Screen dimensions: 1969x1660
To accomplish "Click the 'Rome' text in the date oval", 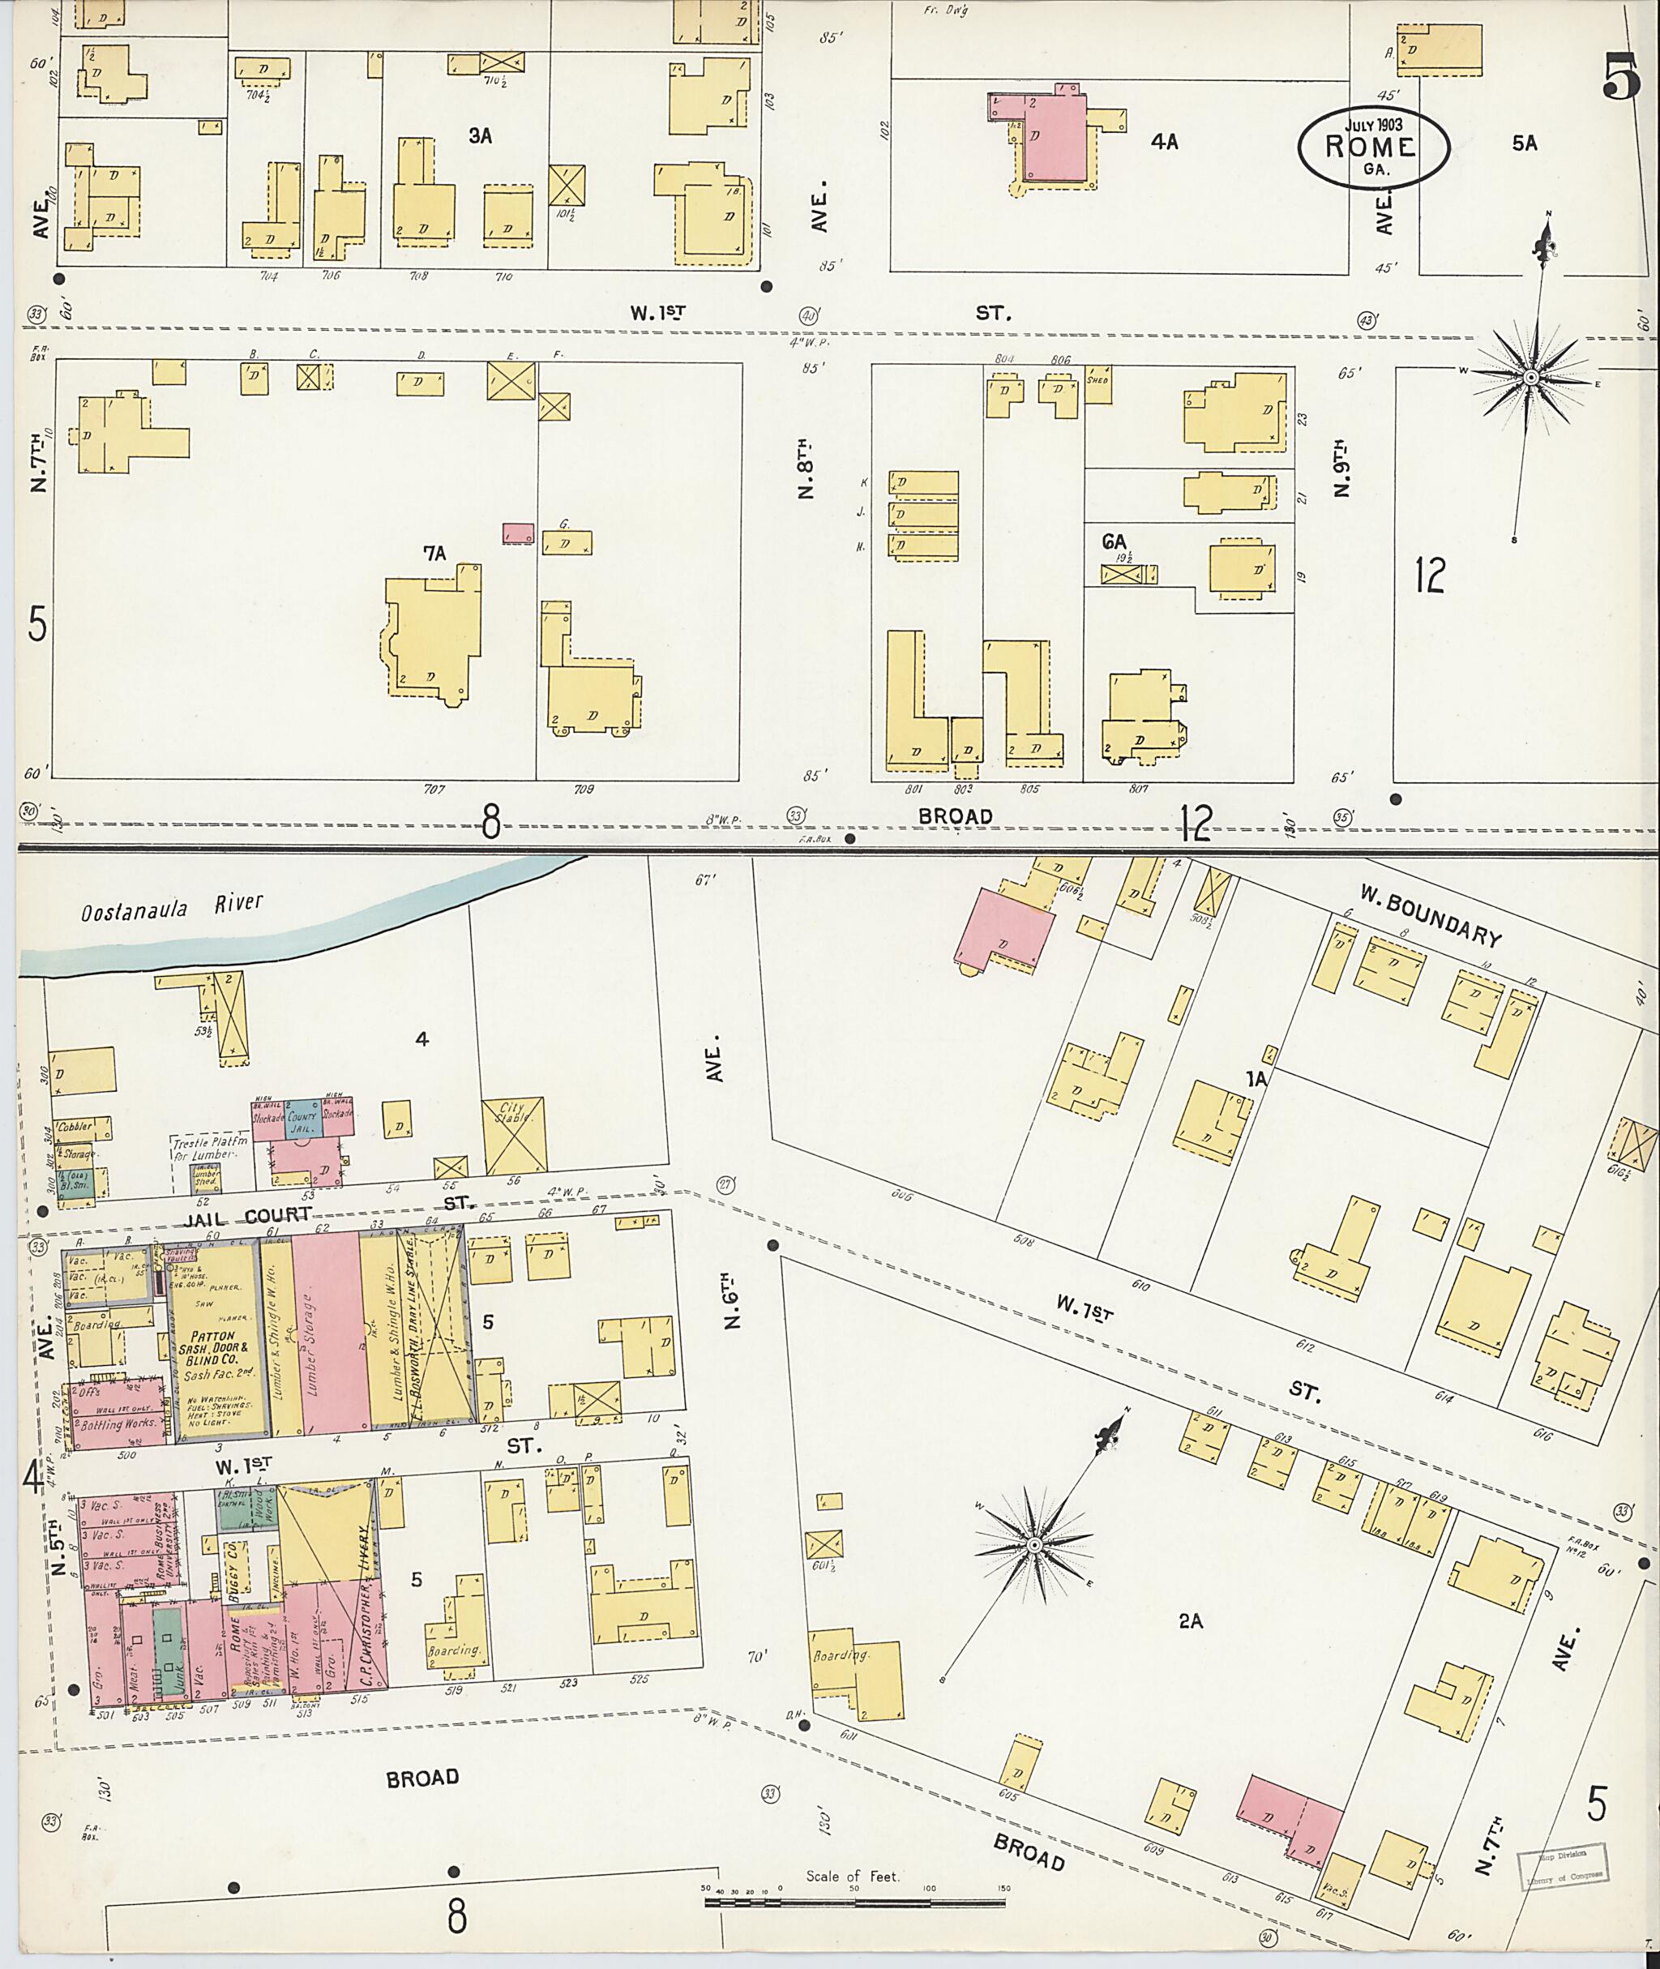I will click(1370, 148).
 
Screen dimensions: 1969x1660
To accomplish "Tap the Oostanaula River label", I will click(172, 910).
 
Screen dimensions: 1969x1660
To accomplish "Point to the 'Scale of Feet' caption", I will click(852, 1876).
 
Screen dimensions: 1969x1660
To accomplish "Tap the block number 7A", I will click(434, 554).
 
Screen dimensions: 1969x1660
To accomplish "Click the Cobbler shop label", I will click(75, 1126).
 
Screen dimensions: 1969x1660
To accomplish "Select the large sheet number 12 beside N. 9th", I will click(1428, 575).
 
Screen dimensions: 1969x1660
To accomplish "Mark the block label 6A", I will click(1115, 542).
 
